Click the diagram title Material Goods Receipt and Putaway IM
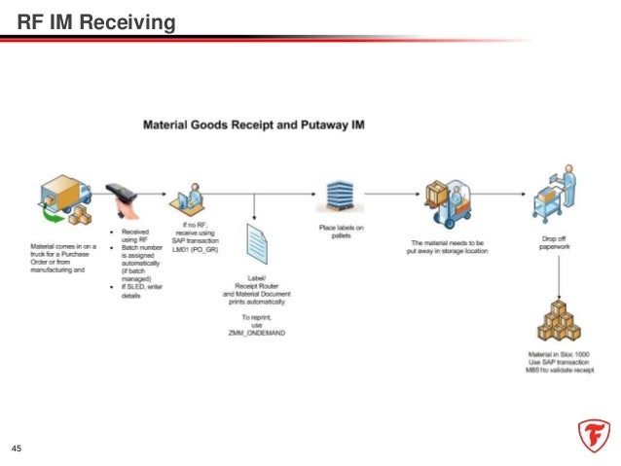[x=254, y=125]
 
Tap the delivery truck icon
[x=59, y=201]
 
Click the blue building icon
[x=339, y=197]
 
